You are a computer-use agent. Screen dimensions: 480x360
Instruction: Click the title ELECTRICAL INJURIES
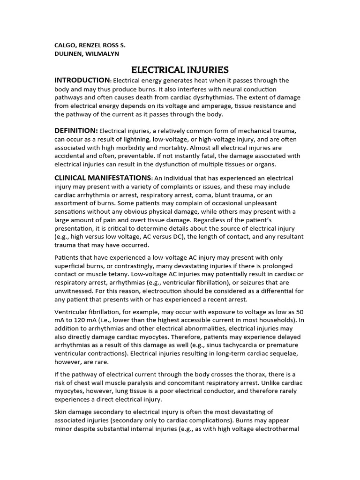click(x=180, y=70)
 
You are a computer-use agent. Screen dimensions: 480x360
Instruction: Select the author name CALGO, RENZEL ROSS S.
click(x=90, y=45)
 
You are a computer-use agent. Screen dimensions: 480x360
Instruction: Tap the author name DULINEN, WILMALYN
click(x=87, y=53)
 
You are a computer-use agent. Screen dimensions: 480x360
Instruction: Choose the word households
click(x=281, y=321)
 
